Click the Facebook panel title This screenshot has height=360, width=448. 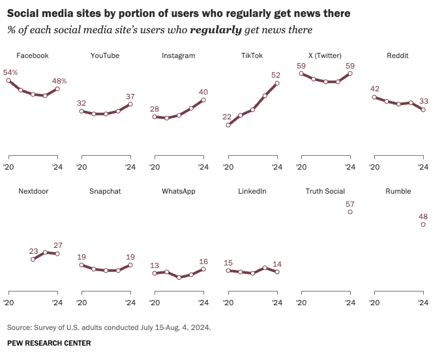click(33, 55)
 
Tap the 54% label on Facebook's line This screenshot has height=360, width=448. click(10, 72)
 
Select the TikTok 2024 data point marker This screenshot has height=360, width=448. click(277, 83)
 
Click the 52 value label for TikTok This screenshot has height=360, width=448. click(276, 75)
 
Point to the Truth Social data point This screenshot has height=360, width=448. click(350, 212)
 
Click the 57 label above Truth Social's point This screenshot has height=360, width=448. click(350, 204)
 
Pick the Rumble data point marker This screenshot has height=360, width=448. click(423, 224)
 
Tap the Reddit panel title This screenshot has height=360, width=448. click(397, 55)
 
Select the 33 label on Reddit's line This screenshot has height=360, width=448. click(424, 101)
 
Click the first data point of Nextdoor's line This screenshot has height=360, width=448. click(33, 260)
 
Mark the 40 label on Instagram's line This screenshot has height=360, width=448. click(203, 92)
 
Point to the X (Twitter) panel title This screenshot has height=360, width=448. click(325, 55)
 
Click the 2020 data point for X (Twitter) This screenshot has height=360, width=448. click(301, 74)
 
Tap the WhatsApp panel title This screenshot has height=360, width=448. click(179, 191)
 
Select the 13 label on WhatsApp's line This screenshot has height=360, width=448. click(155, 265)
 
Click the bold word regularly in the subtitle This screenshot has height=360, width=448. click(216, 30)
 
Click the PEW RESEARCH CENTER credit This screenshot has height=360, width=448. click(49, 343)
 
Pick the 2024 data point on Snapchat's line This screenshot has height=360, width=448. click(130, 265)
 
